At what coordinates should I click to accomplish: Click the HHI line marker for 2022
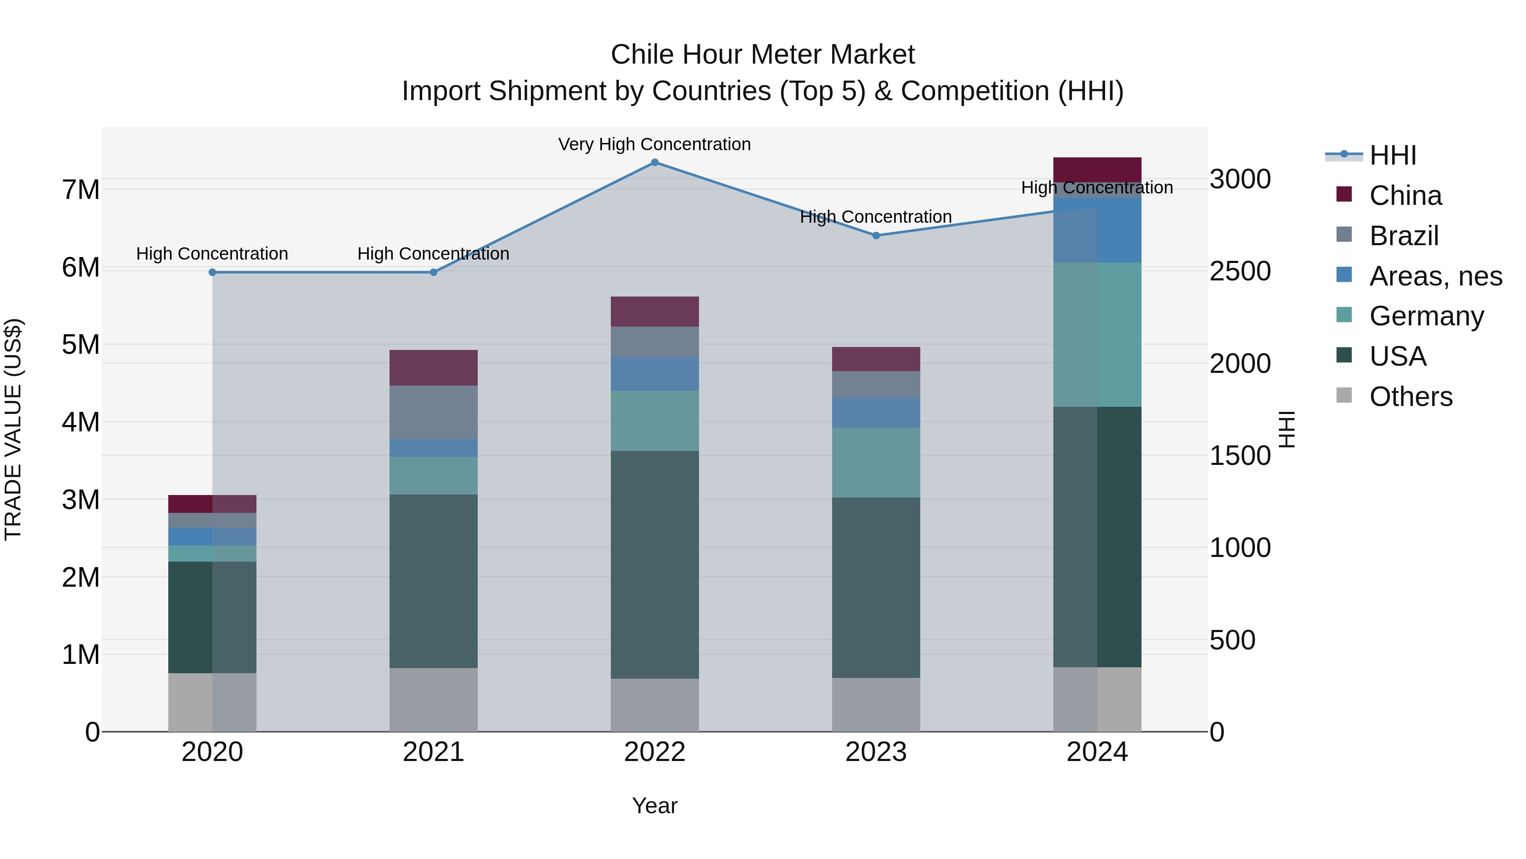(x=654, y=162)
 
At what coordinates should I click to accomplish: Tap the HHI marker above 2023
(x=876, y=235)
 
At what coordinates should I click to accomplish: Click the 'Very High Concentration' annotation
(x=654, y=144)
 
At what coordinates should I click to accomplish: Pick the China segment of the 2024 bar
(x=1097, y=170)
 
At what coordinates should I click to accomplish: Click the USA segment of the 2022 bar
(x=654, y=564)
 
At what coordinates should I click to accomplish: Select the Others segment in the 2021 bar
(x=433, y=700)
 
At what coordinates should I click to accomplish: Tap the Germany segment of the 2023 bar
(x=876, y=462)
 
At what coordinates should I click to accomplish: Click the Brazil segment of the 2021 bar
(x=433, y=412)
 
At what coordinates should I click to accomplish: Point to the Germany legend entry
(x=1426, y=316)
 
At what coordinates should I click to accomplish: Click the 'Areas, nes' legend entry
(x=1435, y=276)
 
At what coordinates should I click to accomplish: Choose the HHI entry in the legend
(x=1392, y=155)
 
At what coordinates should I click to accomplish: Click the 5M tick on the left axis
(x=81, y=344)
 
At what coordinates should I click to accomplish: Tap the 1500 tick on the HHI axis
(x=1240, y=455)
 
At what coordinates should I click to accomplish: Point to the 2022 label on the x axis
(x=654, y=752)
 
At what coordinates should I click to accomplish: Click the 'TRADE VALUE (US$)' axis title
(x=13, y=429)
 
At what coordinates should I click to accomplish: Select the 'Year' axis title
(x=654, y=806)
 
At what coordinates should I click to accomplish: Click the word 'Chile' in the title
(x=643, y=55)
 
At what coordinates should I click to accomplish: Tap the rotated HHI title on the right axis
(x=1287, y=429)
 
